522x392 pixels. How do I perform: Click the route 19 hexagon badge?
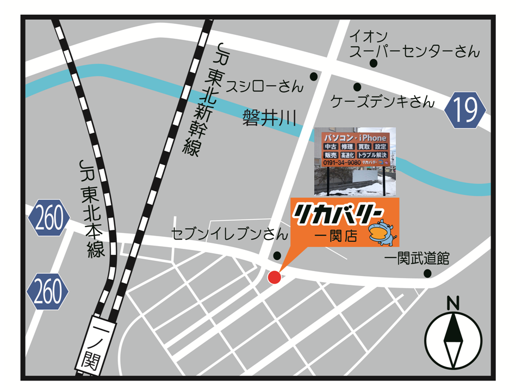[465, 111]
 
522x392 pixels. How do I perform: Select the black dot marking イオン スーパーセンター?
[374, 63]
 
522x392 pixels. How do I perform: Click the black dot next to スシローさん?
[313, 76]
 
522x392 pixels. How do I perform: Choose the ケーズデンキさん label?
[383, 101]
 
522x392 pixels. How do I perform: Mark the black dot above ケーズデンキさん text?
[357, 87]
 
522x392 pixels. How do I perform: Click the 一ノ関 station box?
[89, 345]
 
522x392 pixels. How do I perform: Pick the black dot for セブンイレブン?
[277, 255]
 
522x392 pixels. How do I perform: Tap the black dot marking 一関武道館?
[427, 273]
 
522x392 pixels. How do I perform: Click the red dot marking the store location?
[275, 277]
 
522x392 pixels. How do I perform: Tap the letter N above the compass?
[453, 303]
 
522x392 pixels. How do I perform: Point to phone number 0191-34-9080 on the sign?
[343, 163]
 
